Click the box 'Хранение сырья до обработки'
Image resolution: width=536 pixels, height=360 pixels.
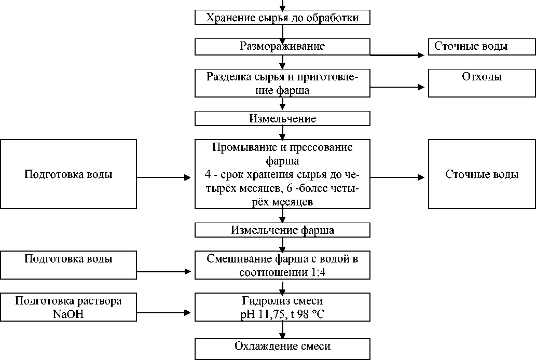[x=282, y=18]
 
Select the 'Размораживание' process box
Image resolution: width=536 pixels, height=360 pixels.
[x=282, y=47]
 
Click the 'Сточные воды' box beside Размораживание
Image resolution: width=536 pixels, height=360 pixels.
[x=482, y=47]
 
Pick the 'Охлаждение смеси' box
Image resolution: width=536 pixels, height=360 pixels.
[x=282, y=347]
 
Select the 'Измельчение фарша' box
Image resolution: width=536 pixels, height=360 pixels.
[x=282, y=230]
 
